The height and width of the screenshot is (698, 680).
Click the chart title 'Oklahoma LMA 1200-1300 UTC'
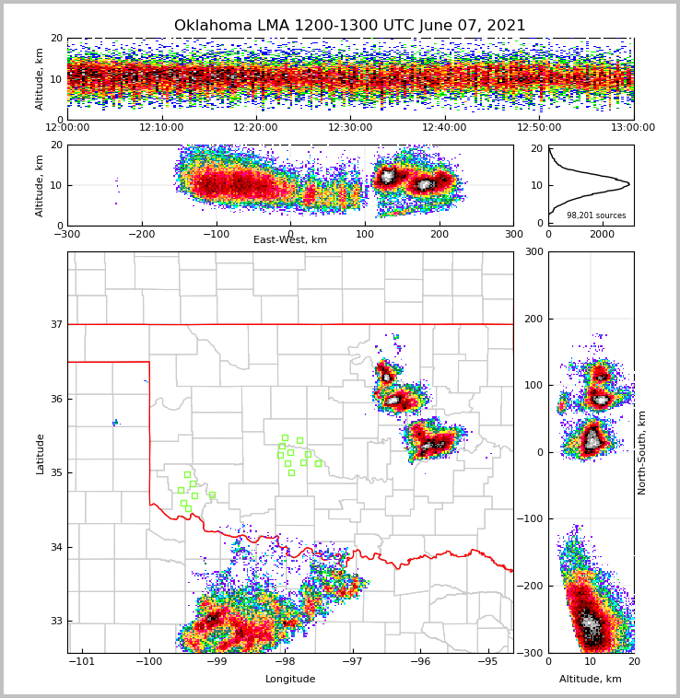click(349, 26)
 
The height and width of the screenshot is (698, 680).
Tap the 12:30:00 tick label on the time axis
click(350, 128)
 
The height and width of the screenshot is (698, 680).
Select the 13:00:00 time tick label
click(633, 128)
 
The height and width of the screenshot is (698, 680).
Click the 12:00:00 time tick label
click(67, 128)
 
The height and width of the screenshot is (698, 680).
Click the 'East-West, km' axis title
click(290, 240)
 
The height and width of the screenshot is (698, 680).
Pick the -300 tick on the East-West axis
click(67, 234)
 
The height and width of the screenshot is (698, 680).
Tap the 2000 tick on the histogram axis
click(602, 234)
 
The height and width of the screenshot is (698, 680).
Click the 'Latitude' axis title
click(41, 453)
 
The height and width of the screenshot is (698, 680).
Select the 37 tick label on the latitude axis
click(56, 324)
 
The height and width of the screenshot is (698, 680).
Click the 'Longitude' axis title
click(290, 680)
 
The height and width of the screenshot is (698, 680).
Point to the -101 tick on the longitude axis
click(82, 661)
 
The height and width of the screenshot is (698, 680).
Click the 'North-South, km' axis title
click(642, 452)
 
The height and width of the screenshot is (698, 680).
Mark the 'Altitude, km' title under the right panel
click(591, 680)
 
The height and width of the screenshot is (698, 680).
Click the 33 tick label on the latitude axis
click(56, 621)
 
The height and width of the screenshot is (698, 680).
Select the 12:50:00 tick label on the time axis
click(539, 128)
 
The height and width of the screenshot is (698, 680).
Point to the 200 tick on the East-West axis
click(440, 234)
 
